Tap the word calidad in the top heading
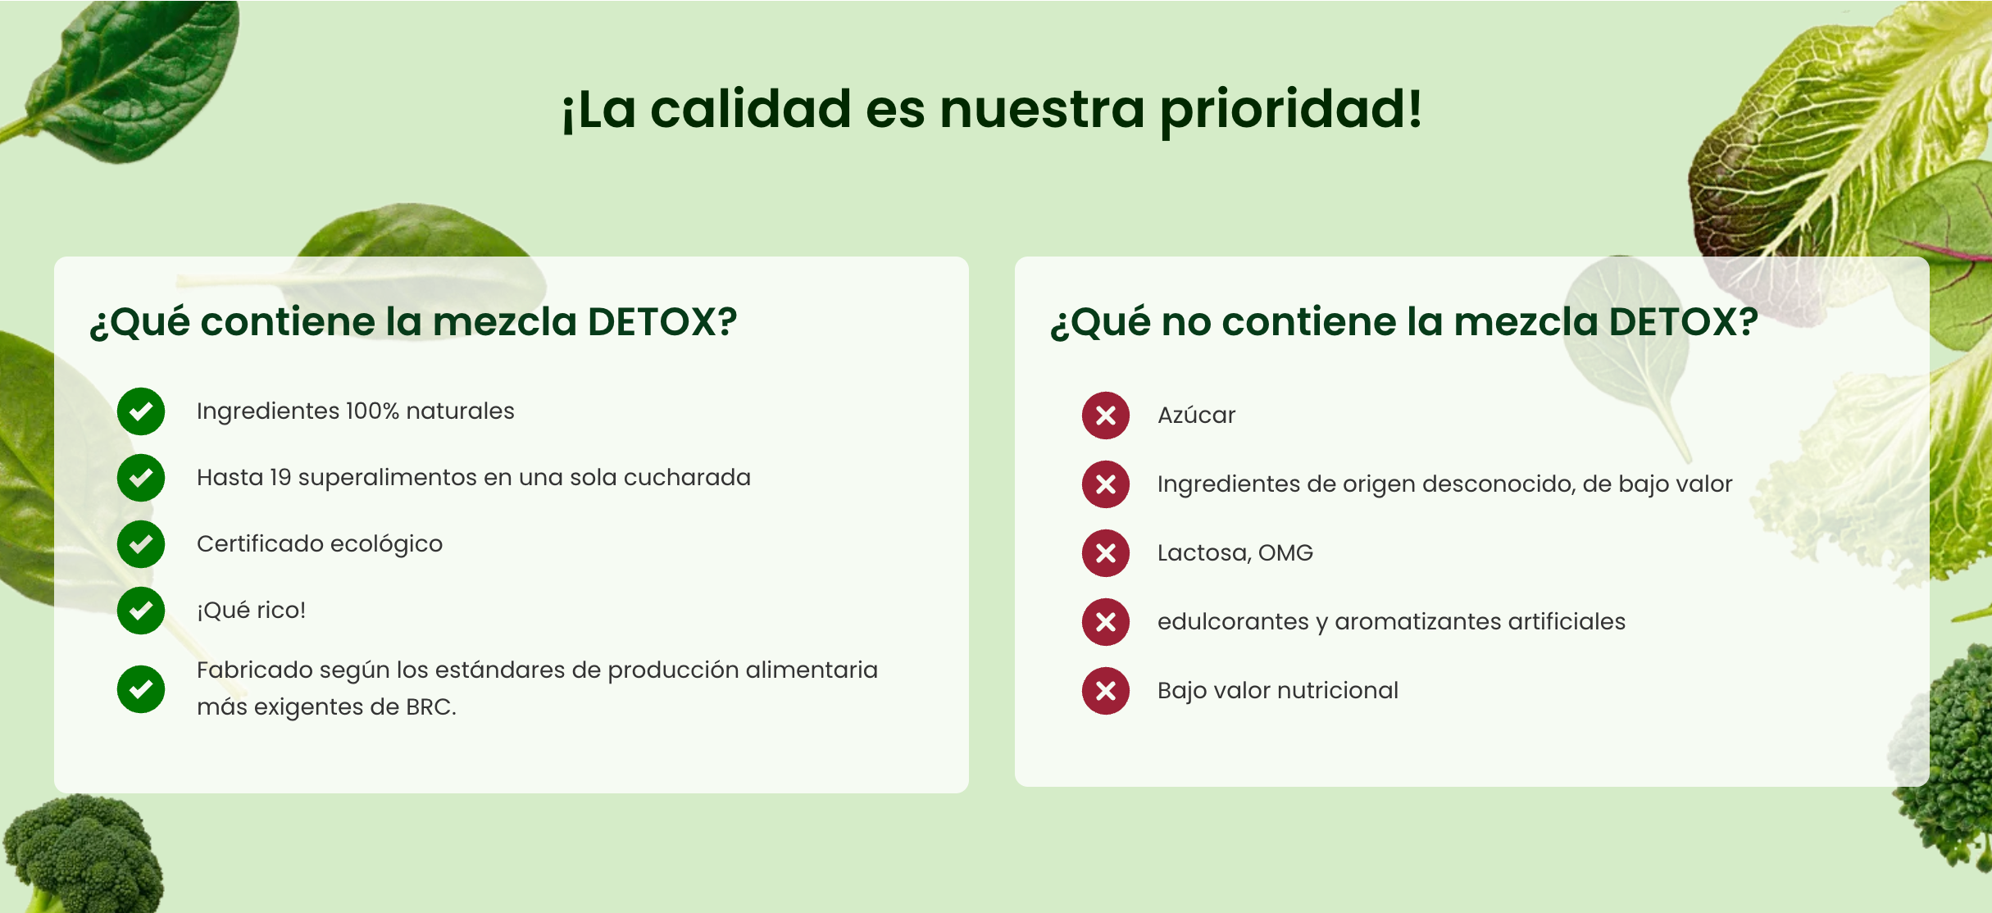[x=751, y=110]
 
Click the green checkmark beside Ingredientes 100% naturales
[x=141, y=411]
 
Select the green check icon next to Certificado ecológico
[x=141, y=544]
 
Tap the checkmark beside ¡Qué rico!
[x=141, y=611]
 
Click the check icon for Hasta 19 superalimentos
[x=141, y=478]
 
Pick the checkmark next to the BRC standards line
[x=141, y=688]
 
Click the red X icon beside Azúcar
[x=1106, y=416]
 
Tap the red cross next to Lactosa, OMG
[x=1106, y=553]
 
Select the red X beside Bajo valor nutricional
[x=1106, y=691]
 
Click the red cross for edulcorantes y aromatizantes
[x=1106, y=622]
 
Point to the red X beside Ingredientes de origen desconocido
[x=1106, y=484]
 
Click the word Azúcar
[x=1196, y=415]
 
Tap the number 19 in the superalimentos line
[x=280, y=477]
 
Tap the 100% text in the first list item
[x=372, y=411]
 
